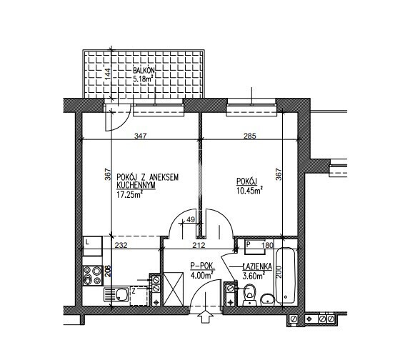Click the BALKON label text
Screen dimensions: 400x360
[144, 70]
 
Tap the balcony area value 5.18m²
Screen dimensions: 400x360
[143, 79]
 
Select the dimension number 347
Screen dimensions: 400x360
[141, 136]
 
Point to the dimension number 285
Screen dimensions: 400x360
[249, 136]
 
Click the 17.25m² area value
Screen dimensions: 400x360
[129, 195]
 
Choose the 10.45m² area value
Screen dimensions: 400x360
[250, 190]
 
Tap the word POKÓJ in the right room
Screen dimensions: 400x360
[246, 181]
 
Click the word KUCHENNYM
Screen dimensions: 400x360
[136, 186]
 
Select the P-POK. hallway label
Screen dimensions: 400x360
[203, 266]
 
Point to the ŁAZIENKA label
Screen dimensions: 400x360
[257, 267]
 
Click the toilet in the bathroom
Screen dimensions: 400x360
[249, 295]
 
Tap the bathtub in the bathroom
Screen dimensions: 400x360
[286, 275]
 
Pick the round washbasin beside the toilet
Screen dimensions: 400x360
[267, 299]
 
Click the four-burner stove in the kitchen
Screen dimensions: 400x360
[93, 275]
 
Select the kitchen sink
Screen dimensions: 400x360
[116, 294]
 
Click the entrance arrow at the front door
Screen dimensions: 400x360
[206, 316]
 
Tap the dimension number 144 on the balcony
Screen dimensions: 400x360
[108, 74]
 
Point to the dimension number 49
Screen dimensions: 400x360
[191, 219]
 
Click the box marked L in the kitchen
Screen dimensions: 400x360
[92, 246]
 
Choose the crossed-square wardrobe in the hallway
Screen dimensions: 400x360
[173, 289]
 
